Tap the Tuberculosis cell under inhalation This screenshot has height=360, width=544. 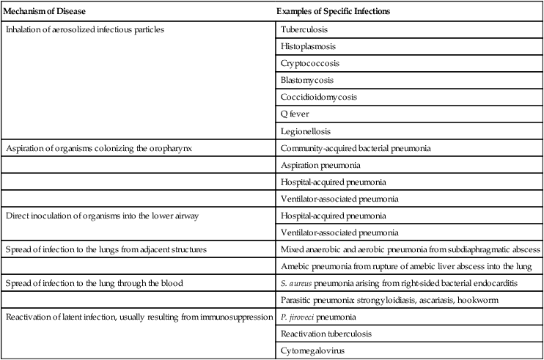point(304,30)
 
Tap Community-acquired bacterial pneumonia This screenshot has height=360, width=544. point(356,148)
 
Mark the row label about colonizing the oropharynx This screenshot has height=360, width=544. point(102,148)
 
